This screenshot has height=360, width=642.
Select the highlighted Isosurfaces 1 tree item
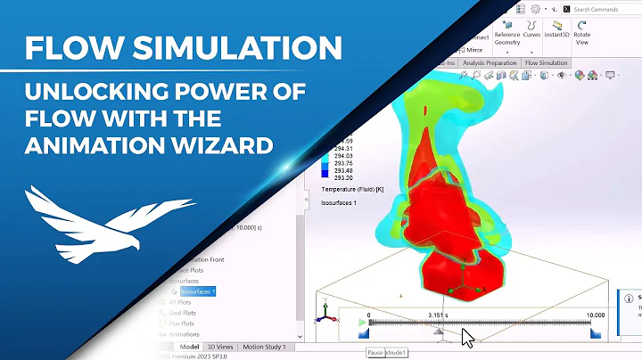(198, 290)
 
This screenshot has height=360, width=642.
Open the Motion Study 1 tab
(266, 346)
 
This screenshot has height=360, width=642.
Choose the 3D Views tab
(220, 346)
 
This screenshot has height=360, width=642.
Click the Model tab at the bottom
(188, 346)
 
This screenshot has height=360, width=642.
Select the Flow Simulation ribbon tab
(546, 63)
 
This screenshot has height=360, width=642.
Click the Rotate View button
(582, 34)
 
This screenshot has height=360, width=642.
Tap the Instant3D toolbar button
(559, 34)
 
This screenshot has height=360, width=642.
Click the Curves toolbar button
(532, 34)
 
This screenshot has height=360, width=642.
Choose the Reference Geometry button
(506, 35)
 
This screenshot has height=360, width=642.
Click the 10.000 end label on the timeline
(595, 315)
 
